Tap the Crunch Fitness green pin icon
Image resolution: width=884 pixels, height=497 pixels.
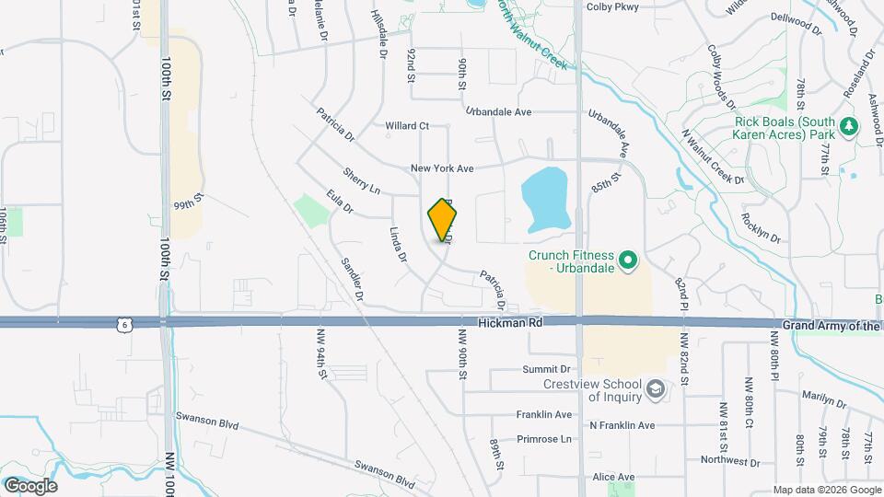(x=628, y=262)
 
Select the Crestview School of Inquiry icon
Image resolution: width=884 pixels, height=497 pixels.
(x=656, y=389)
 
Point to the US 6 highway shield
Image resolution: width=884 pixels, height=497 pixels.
(x=124, y=324)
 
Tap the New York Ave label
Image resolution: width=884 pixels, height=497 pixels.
(x=442, y=169)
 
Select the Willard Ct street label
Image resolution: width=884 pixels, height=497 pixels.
(x=407, y=125)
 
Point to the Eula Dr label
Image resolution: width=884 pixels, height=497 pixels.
(x=340, y=202)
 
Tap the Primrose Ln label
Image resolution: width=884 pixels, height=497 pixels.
(x=544, y=439)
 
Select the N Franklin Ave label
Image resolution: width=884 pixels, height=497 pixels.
(x=622, y=425)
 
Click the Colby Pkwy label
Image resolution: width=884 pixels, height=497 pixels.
(x=612, y=7)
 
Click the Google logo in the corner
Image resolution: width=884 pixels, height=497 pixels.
(x=31, y=485)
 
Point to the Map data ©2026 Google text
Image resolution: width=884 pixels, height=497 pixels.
(x=826, y=489)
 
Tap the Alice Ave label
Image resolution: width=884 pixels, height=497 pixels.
(x=614, y=477)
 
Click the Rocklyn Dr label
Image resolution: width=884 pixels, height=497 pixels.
(x=761, y=228)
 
